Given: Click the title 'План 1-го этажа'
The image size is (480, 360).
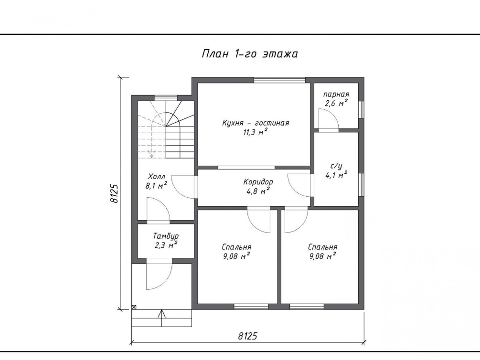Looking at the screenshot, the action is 249,53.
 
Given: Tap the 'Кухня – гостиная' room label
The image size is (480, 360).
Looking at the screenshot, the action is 256,123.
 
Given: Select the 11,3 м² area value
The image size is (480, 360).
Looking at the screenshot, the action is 256,132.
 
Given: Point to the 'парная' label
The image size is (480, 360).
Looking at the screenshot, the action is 336,95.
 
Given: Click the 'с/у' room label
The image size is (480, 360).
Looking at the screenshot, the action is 336,166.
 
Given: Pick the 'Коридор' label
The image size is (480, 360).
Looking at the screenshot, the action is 258,182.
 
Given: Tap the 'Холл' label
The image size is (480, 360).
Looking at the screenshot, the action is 157,177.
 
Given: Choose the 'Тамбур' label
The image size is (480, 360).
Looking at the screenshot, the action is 166,236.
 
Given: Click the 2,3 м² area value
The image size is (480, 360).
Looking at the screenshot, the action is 166,245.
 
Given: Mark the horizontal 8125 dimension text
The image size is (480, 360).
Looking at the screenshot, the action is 248,336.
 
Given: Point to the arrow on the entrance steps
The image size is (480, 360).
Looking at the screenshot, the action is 162,318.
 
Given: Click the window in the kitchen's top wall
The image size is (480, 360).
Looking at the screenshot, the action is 279,80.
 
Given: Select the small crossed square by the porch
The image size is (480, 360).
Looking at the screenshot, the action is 134,307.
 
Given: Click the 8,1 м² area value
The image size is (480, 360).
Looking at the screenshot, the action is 157,186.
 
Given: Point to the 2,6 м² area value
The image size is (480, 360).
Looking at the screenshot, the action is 336,103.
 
